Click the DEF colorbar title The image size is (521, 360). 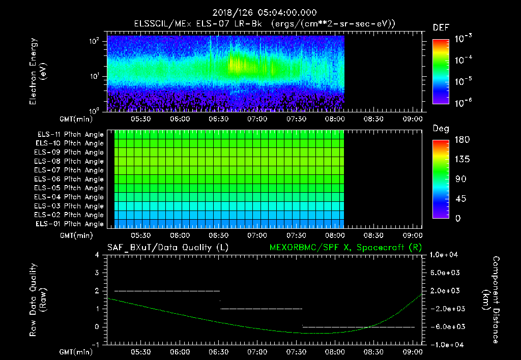click(x=441, y=28)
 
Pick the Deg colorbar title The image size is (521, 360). click(x=441, y=129)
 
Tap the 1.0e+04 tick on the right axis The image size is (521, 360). click(x=446, y=255)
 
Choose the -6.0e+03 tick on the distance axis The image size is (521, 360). click(x=446, y=326)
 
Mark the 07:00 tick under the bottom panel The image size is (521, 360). click(x=257, y=352)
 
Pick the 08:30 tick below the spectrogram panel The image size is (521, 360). click(x=373, y=119)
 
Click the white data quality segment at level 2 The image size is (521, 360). click(x=167, y=291)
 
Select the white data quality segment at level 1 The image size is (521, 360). click(x=261, y=309)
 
